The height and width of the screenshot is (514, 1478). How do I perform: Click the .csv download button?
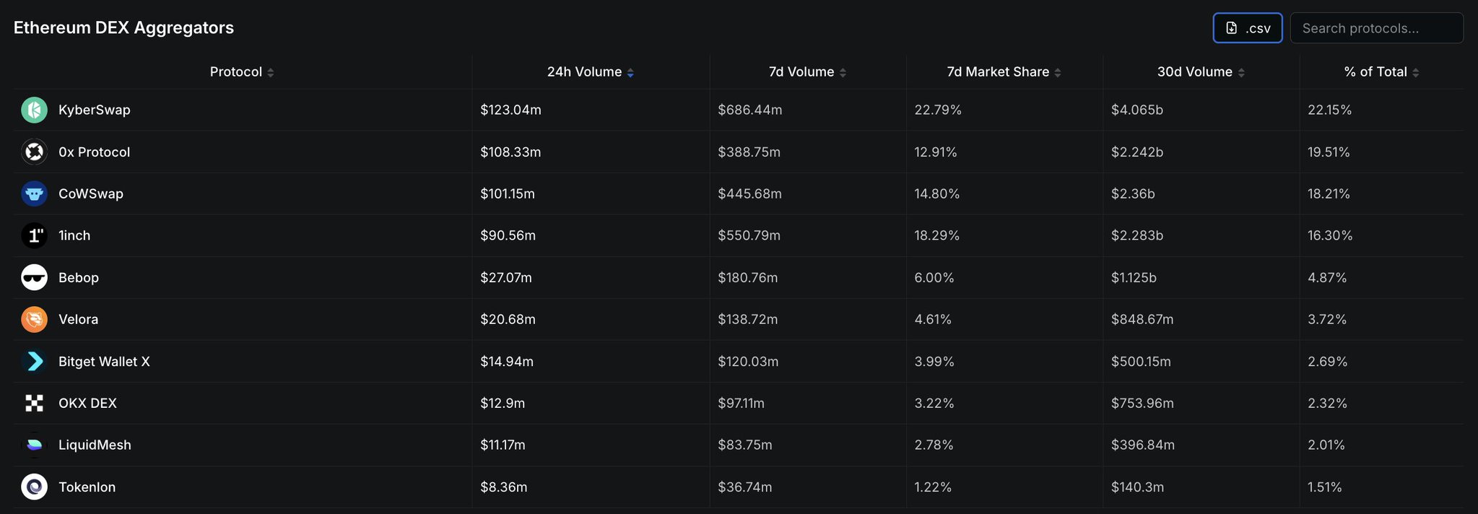click(x=1247, y=28)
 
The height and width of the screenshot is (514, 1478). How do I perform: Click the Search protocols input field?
click(x=1376, y=28)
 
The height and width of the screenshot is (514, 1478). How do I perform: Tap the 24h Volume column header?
click(x=584, y=72)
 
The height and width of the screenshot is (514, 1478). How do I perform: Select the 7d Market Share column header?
click(x=998, y=72)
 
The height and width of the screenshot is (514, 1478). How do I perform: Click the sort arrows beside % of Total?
click(x=1416, y=73)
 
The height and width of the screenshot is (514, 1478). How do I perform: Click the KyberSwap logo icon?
click(x=34, y=110)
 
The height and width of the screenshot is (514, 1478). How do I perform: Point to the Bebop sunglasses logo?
click(x=34, y=277)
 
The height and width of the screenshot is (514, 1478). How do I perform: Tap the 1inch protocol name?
click(x=74, y=235)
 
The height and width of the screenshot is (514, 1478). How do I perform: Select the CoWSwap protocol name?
click(x=91, y=193)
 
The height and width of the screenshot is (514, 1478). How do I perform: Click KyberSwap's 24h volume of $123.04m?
click(x=510, y=110)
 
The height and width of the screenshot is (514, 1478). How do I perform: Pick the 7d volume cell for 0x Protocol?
click(x=749, y=152)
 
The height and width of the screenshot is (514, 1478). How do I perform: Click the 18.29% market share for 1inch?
click(x=936, y=235)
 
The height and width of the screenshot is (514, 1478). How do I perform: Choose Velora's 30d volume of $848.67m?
click(x=1142, y=319)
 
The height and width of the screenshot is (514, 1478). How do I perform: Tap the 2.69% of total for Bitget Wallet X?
click(x=1327, y=361)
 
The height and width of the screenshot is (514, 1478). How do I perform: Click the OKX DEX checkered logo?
click(x=34, y=403)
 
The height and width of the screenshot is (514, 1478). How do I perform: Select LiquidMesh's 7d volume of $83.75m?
click(x=745, y=445)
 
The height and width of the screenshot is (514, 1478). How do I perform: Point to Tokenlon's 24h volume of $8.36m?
click(x=503, y=487)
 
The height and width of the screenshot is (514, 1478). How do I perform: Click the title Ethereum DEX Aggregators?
click(x=123, y=27)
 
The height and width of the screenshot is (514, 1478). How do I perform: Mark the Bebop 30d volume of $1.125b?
click(x=1134, y=277)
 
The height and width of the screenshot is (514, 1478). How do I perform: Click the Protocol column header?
click(x=236, y=72)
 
